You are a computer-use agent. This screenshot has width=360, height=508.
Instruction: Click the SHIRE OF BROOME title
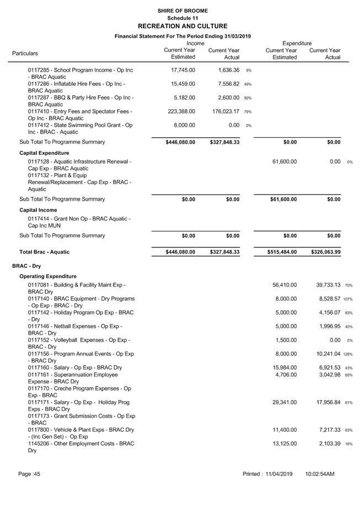182,10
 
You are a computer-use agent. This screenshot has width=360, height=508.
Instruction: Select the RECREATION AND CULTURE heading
182,26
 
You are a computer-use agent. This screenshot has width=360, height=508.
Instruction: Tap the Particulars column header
25,53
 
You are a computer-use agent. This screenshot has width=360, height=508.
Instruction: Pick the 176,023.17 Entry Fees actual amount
223,112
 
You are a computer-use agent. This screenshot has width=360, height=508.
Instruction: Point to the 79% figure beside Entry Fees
248,112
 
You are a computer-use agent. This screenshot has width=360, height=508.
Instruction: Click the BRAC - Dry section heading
27,266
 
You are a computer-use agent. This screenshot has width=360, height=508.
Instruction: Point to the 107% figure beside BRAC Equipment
347,299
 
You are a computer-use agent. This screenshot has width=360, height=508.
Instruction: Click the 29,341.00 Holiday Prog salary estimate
285,402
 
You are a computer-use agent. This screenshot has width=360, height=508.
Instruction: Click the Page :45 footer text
29,474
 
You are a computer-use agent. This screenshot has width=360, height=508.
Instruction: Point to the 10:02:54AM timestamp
320,474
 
